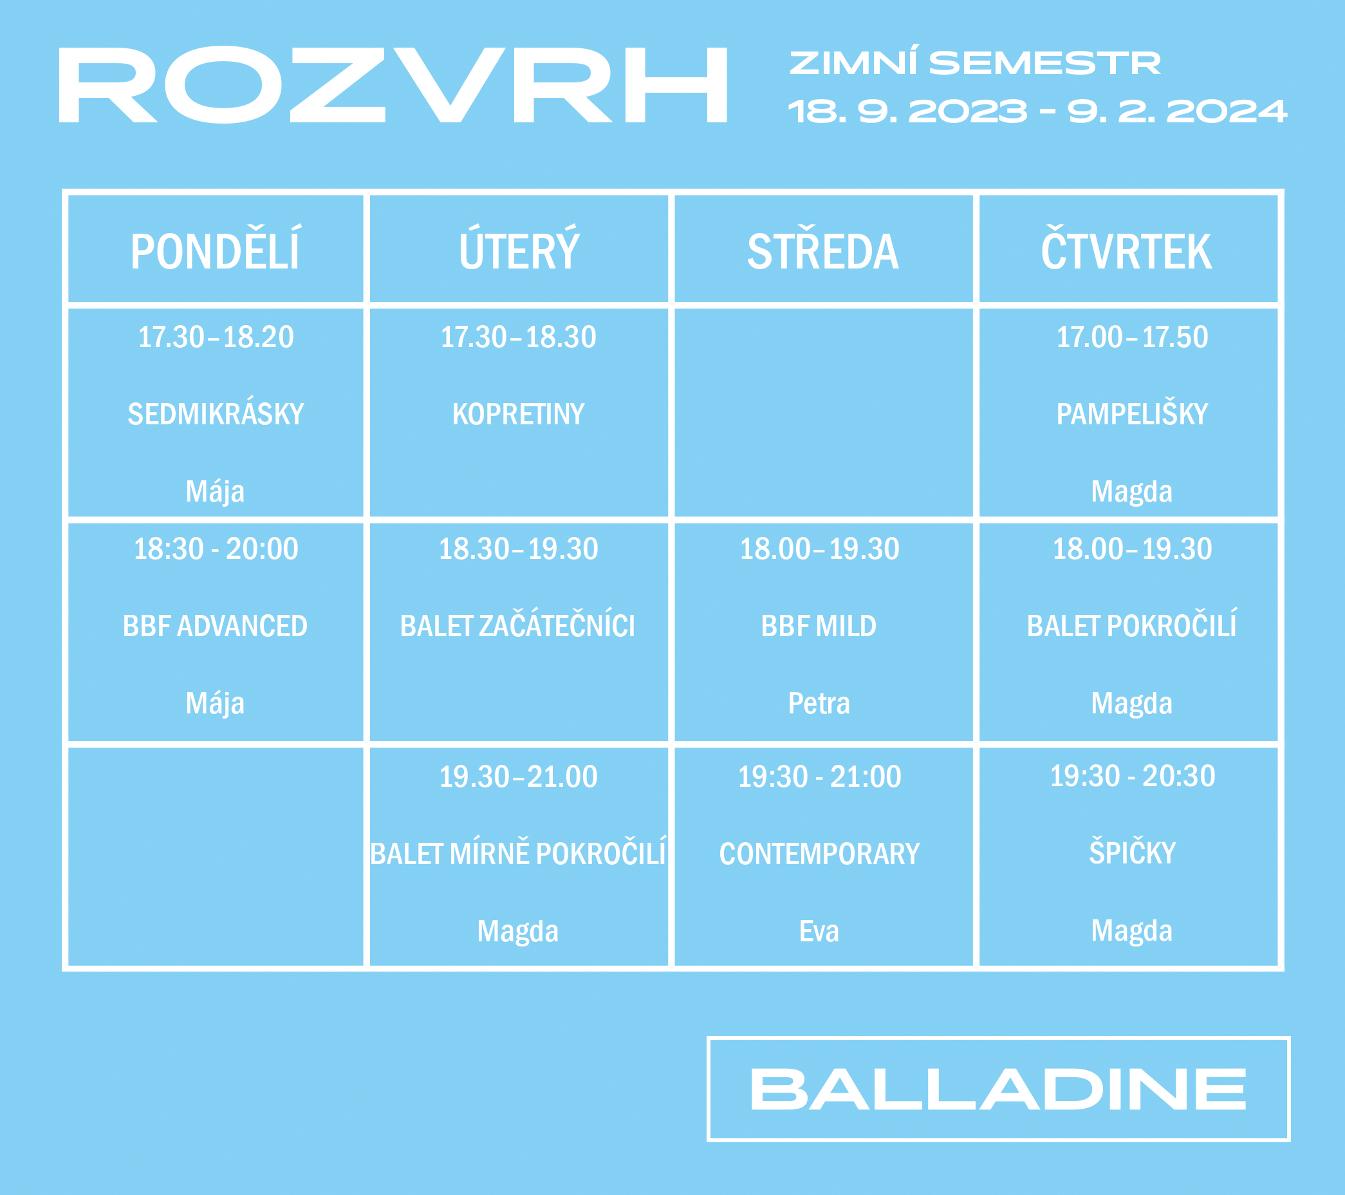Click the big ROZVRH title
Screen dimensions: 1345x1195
click(393, 84)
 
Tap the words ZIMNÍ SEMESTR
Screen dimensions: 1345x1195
click(974, 62)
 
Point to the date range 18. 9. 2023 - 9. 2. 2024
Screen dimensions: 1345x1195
click(1037, 111)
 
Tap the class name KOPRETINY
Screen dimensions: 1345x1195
click(519, 414)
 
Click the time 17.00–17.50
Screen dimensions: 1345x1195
click(1132, 337)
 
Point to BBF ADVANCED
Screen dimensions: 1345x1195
click(215, 625)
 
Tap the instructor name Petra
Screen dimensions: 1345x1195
click(819, 703)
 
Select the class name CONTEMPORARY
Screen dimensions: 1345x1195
click(819, 854)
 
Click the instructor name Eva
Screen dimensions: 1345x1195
click(819, 931)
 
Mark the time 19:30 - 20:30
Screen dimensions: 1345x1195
click(1132, 776)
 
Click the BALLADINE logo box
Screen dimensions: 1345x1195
click(998, 1088)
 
